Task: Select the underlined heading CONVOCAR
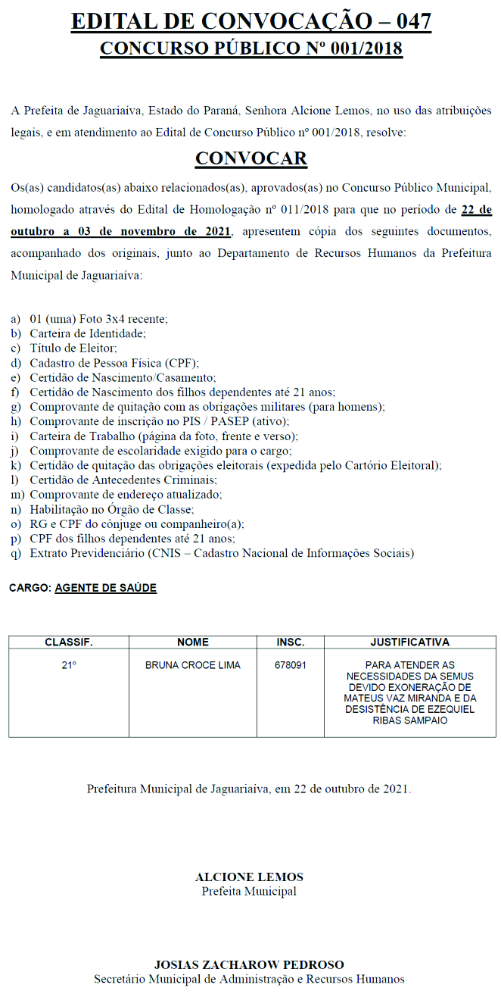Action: coord(250,158)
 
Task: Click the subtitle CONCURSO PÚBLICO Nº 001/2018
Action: coord(250,49)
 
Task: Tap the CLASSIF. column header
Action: coord(69,642)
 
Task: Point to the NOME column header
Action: coord(193,642)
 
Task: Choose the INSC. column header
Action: coord(291,642)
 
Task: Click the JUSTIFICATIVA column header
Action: coord(409,642)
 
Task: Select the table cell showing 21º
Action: coord(69,665)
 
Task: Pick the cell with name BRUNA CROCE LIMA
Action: coord(193,665)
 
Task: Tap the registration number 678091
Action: coord(291,665)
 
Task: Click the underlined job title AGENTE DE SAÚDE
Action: coord(106,588)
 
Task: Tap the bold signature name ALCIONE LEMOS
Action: coord(249,877)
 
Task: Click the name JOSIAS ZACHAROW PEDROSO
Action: coord(249,965)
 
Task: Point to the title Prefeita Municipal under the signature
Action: coord(249,892)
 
